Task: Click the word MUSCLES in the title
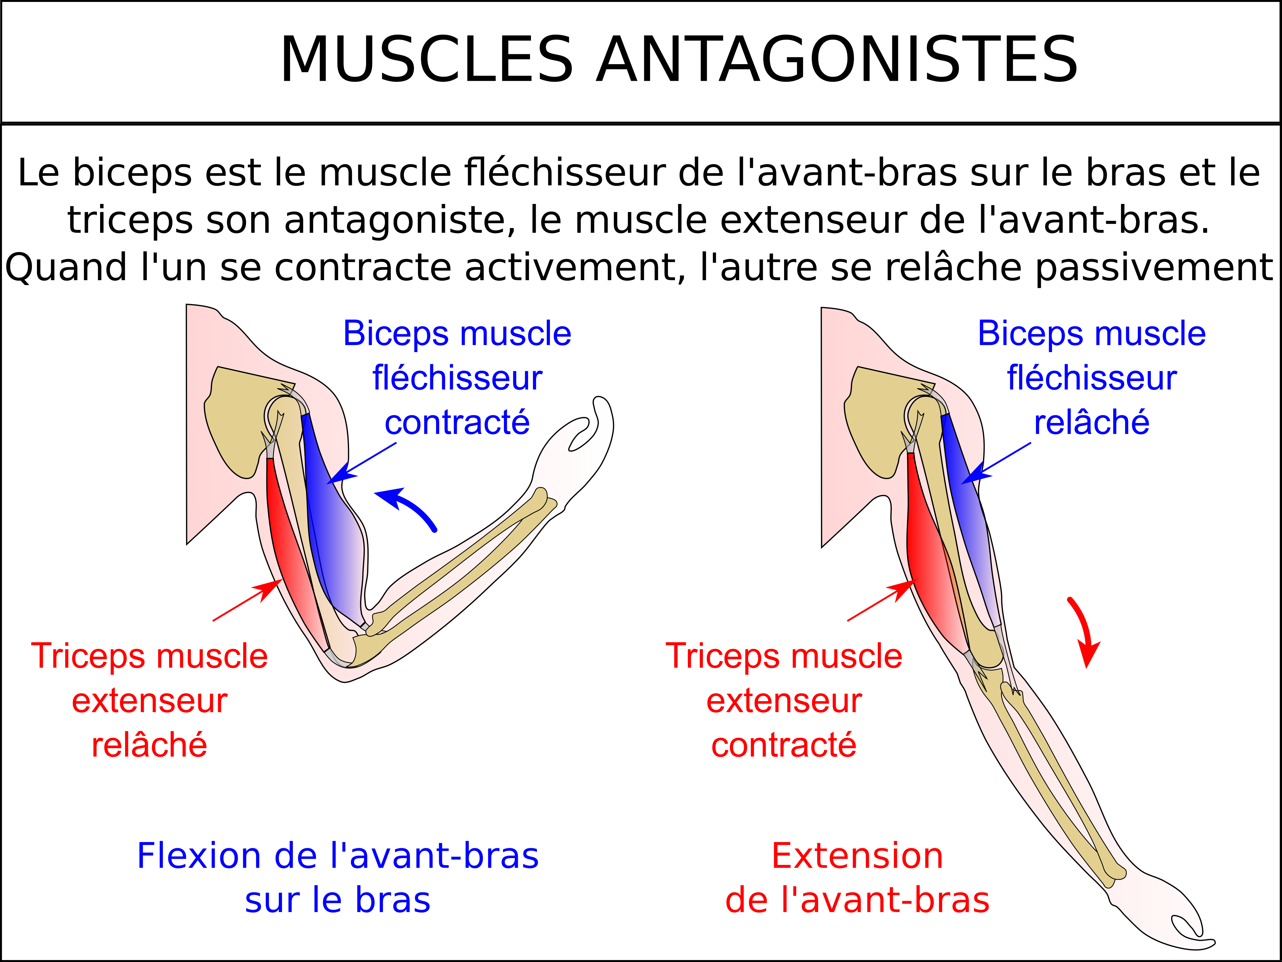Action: tap(426, 60)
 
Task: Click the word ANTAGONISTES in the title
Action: tap(837, 60)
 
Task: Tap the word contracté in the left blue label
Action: tap(457, 422)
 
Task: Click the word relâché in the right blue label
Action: tap(1092, 422)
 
